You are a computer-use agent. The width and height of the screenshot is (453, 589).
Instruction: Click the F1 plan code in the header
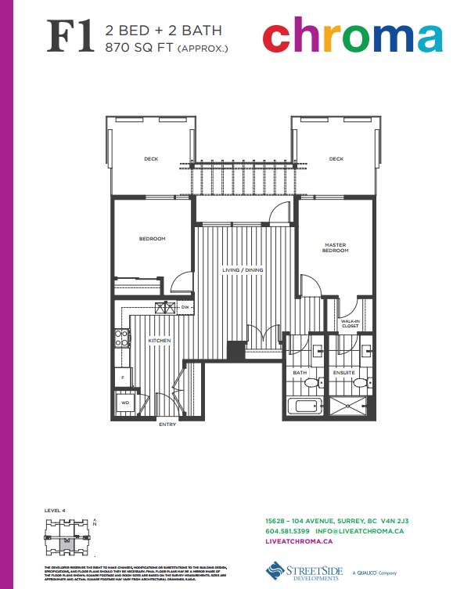74,37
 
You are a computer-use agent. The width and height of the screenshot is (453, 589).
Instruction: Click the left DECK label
151,159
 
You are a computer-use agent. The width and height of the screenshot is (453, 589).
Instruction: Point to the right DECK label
336,159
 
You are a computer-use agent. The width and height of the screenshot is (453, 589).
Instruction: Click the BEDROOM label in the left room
153,239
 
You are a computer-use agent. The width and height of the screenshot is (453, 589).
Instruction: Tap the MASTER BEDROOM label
336,248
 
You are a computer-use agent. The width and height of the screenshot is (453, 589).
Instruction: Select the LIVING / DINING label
243,270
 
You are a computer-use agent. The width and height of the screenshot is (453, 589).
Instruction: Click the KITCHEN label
160,341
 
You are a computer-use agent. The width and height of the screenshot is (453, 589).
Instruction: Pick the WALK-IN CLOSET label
350,323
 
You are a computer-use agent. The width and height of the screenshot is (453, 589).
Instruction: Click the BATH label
300,372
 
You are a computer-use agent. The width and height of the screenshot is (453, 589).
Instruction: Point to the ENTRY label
167,424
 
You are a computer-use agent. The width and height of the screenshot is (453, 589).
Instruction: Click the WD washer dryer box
125,404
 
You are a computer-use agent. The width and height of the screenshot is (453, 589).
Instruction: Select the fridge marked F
123,378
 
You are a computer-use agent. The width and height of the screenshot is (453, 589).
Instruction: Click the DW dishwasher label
185,308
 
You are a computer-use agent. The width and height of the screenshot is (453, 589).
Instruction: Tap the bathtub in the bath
305,406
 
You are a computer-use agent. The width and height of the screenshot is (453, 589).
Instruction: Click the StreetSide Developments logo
305,570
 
